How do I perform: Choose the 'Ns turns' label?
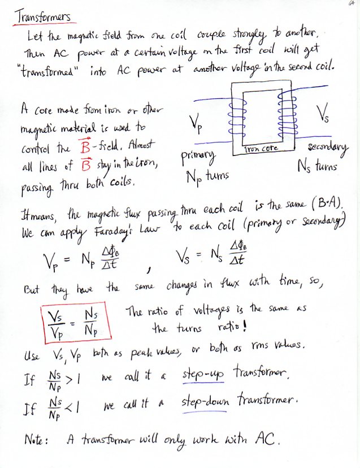316,167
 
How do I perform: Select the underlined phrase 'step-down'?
208,403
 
